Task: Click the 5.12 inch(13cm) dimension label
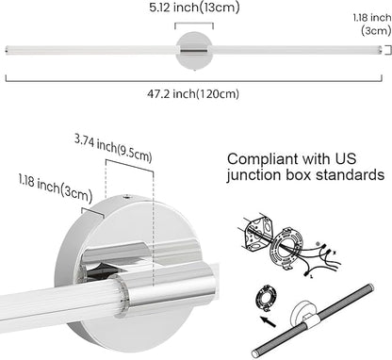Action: click(x=194, y=8)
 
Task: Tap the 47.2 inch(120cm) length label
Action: click(x=193, y=93)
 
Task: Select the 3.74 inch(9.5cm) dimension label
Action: click(x=113, y=148)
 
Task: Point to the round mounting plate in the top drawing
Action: click(x=194, y=50)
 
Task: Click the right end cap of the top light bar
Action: click(x=380, y=50)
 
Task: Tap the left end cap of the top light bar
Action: click(x=8, y=50)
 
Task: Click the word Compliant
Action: click(x=262, y=159)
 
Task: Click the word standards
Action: click(x=350, y=174)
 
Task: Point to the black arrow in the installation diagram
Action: click(x=269, y=321)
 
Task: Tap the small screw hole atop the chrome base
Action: click(x=127, y=197)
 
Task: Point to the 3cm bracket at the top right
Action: click(x=389, y=50)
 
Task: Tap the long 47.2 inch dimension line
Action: click(x=194, y=81)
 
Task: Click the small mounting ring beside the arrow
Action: click(x=267, y=298)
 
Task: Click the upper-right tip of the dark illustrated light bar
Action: click(x=371, y=286)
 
